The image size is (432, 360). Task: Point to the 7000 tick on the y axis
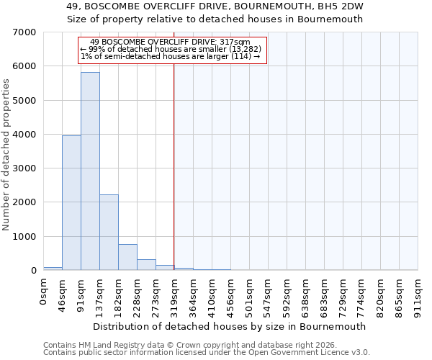point(25,32)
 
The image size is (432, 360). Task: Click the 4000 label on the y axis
point(25,135)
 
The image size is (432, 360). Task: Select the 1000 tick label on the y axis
point(25,237)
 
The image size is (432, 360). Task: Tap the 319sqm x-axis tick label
point(174,294)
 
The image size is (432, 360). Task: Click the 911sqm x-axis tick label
point(418,294)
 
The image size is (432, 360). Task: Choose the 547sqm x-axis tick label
point(268,294)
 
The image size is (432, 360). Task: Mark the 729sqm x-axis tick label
point(343,294)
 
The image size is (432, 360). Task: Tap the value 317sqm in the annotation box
point(236,42)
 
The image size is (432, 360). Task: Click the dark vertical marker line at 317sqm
point(174,166)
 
